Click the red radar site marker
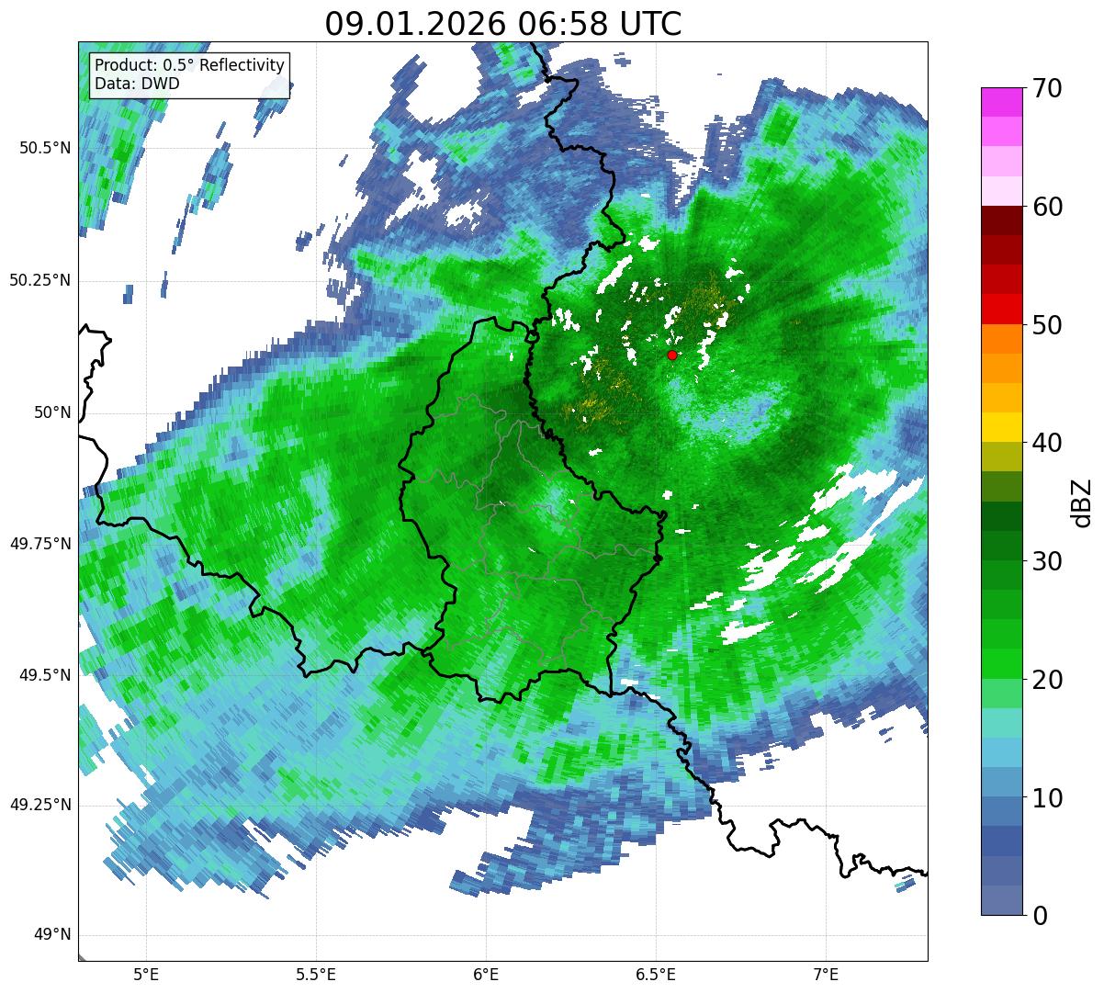(x=672, y=355)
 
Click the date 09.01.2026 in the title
(x=414, y=24)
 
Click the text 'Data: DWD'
(x=137, y=84)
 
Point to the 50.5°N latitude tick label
(x=39, y=149)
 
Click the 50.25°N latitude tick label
(x=39, y=280)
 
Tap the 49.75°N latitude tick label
(x=39, y=544)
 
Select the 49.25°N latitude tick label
(x=39, y=806)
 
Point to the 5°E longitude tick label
(x=146, y=974)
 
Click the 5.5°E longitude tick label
(x=316, y=974)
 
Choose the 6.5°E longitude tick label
(x=656, y=974)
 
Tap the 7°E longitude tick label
(x=826, y=974)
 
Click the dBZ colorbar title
(x=1082, y=502)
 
